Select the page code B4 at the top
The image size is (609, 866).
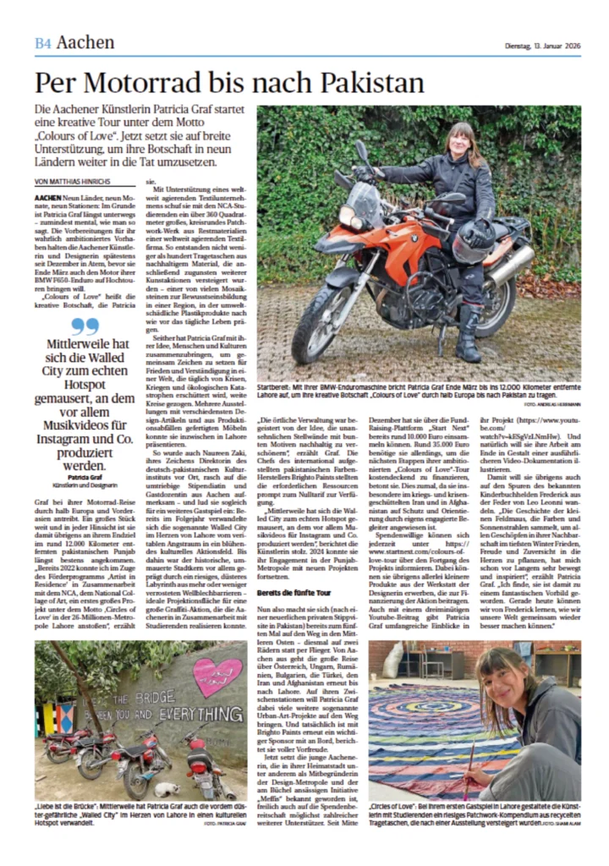(x=43, y=43)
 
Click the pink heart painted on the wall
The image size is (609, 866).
(x=217, y=677)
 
